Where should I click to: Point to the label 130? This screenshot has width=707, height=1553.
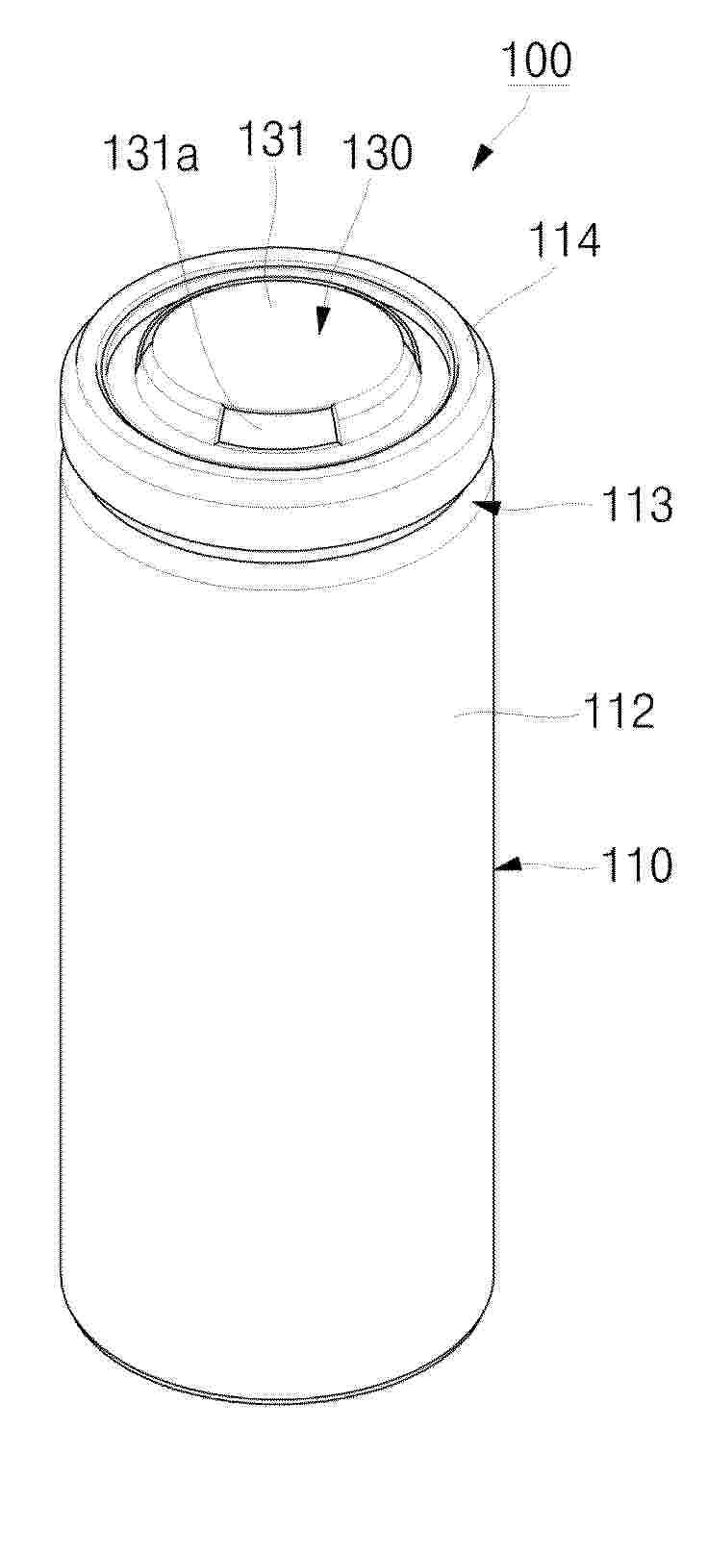coord(377,152)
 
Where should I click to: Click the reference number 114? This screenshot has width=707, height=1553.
coord(564,239)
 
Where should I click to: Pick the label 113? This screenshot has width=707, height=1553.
coord(637,505)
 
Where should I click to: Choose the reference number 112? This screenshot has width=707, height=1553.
coord(619,711)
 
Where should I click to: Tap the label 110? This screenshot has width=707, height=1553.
coord(637,865)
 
